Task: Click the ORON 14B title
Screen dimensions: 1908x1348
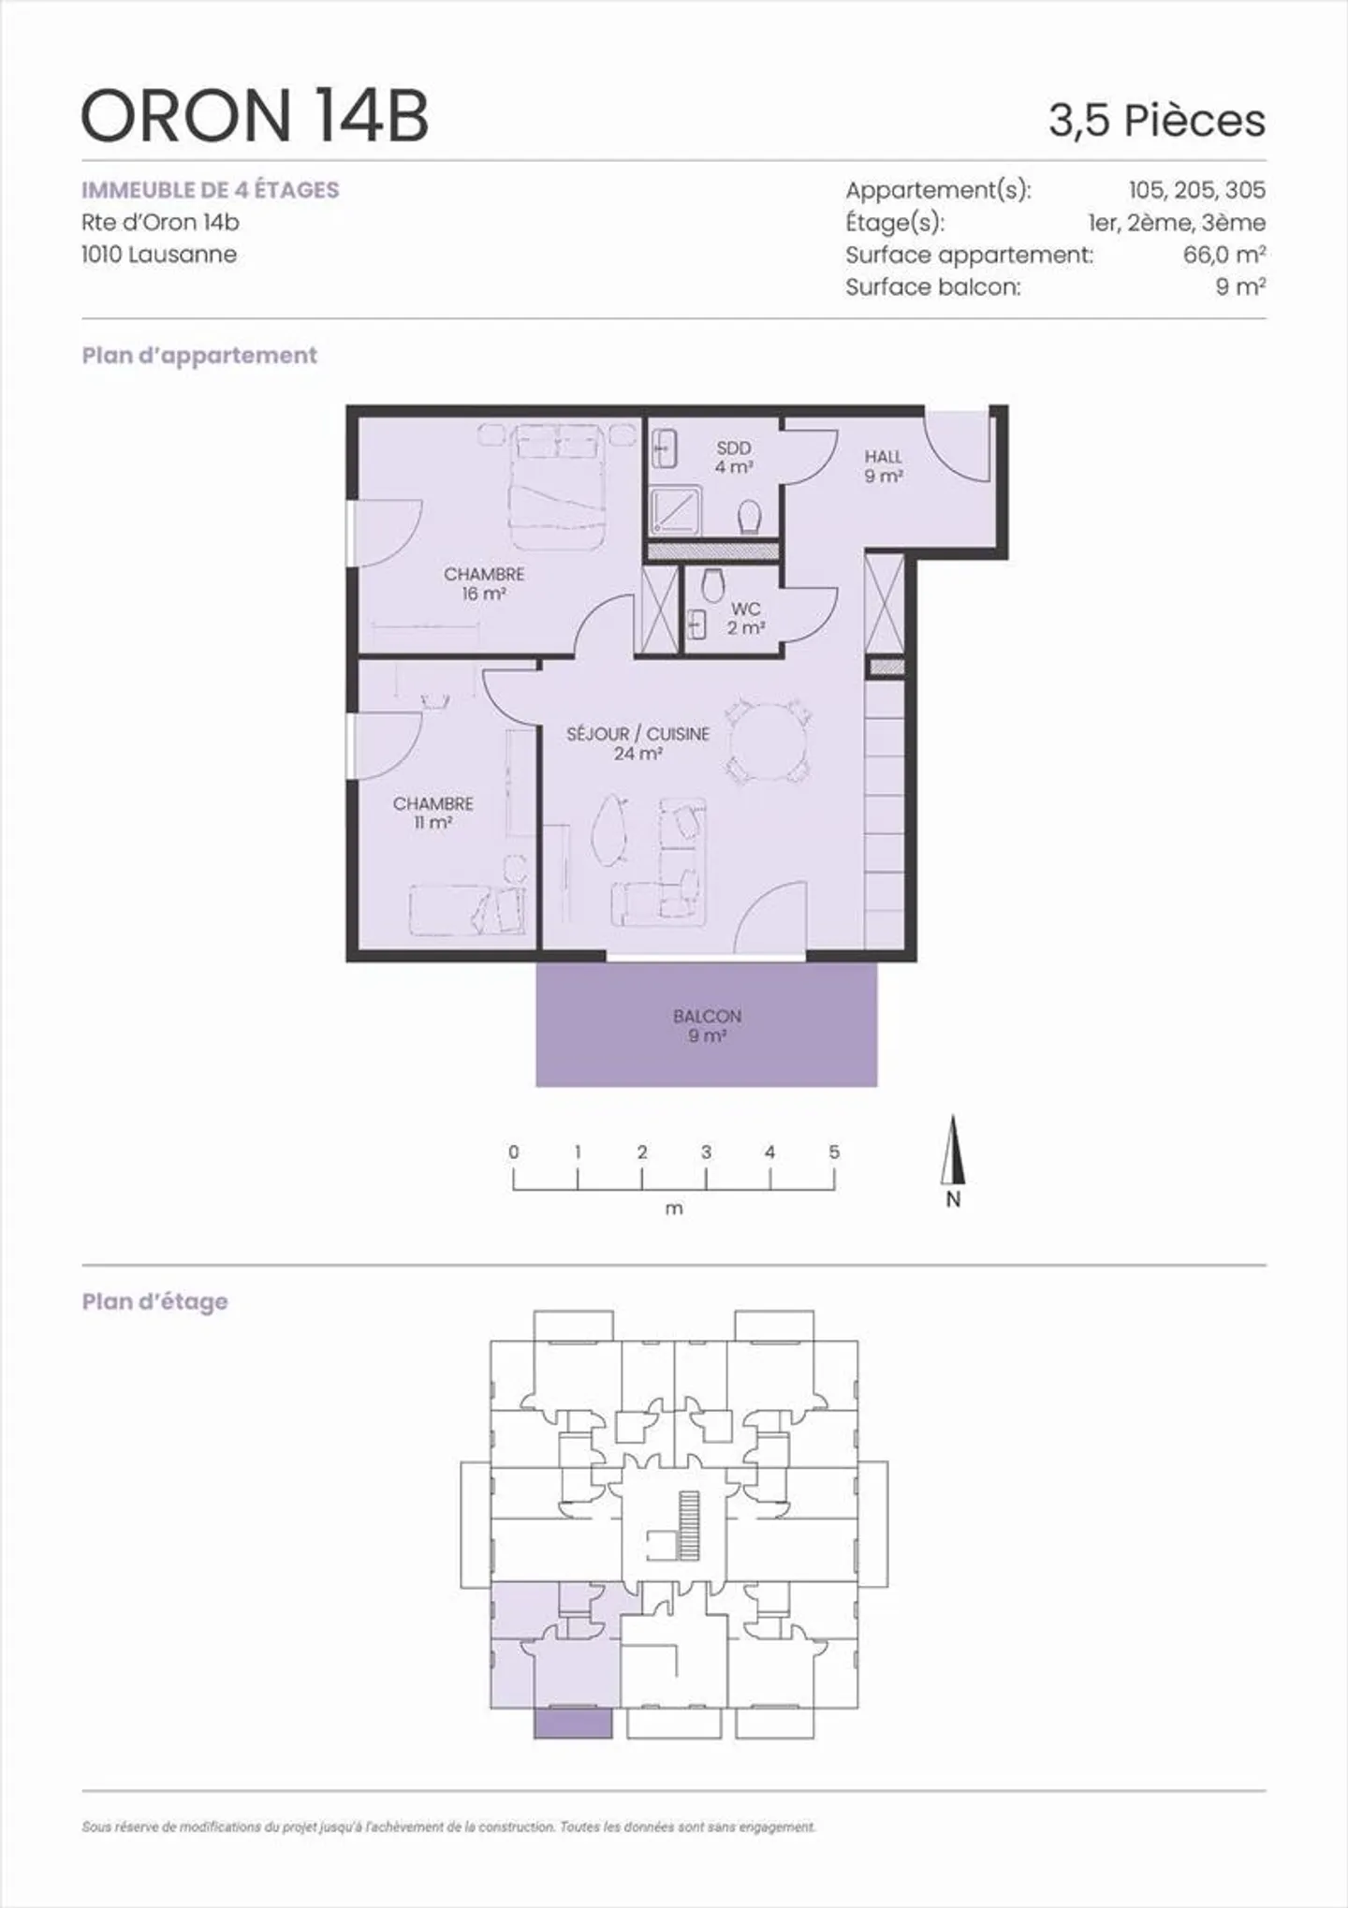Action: click(255, 116)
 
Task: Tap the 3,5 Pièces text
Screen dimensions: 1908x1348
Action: click(1156, 121)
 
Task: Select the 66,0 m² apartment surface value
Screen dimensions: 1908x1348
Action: click(1223, 255)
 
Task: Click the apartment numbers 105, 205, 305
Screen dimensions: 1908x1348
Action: click(1196, 190)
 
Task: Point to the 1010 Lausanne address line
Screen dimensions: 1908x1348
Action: click(159, 255)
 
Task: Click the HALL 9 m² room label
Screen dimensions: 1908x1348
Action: click(883, 466)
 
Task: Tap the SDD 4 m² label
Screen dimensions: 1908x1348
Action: click(734, 457)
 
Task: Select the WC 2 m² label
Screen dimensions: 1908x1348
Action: click(745, 619)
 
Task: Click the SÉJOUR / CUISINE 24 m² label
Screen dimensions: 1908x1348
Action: click(637, 743)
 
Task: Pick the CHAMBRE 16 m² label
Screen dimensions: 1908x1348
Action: click(484, 583)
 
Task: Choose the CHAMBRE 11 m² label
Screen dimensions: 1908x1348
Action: click(432, 813)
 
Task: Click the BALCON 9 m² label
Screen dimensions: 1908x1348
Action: click(707, 1025)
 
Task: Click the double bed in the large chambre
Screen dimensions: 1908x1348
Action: click(555, 487)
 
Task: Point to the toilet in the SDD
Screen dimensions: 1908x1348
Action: click(750, 516)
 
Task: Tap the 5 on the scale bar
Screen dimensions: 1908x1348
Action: click(834, 1152)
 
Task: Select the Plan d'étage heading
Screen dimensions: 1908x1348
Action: click(154, 1301)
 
